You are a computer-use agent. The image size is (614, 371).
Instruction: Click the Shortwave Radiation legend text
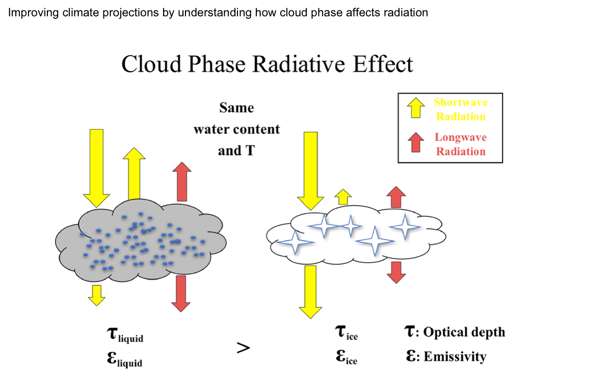[461, 109]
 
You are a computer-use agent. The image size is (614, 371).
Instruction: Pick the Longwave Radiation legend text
[461, 144]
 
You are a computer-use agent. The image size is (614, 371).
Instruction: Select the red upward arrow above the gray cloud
[181, 181]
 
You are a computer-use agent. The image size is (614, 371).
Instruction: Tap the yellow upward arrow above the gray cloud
[134, 174]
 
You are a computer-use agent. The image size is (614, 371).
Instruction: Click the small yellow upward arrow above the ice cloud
[343, 196]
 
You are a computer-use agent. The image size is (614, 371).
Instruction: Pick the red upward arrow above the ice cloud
[396, 197]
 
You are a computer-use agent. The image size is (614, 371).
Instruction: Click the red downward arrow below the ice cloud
[396, 271]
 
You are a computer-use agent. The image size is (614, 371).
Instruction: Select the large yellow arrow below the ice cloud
[310, 291]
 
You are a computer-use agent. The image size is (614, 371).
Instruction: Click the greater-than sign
[243, 348]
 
